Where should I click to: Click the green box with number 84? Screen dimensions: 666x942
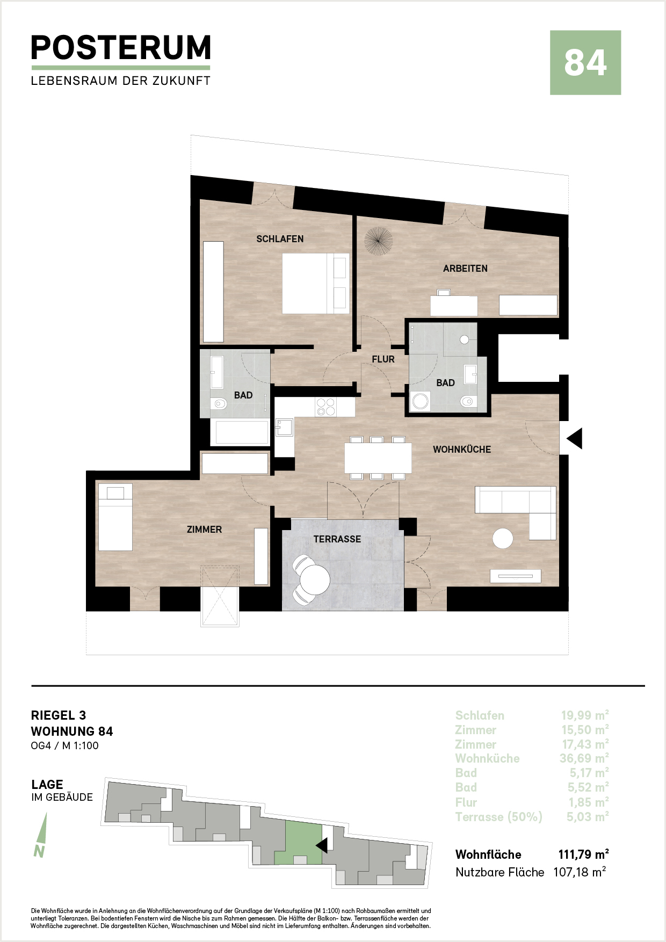pyautogui.click(x=585, y=63)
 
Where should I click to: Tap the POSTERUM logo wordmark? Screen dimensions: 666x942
pyautogui.click(x=121, y=48)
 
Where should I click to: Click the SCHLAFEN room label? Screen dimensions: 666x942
pyautogui.click(x=280, y=239)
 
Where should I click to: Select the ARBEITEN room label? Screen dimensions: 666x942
pyautogui.click(x=465, y=269)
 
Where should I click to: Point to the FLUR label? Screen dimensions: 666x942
pyautogui.click(x=383, y=359)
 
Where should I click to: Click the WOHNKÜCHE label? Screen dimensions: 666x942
pyautogui.click(x=462, y=450)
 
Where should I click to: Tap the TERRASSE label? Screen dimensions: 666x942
pyautogui.click(x=337, y=539)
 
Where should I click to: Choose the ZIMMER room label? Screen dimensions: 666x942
pyautogui.click(x=204, y=530)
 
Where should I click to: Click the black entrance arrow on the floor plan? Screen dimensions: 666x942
pyautogui.click(x=575, y=439)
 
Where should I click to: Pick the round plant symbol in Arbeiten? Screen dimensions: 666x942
pyautogui.click(x=379, y=241)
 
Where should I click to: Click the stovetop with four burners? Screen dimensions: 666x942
pyautogui.click(x=325, y=407)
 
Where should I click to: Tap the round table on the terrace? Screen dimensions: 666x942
pyautogui.click(x=315, y=580)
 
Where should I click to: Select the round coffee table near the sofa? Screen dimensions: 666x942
pyautogui.click(x=503, y=539)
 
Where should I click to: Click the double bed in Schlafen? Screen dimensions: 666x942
pyautogui.click(x=316, y=284)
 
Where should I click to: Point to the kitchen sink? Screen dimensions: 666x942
pyautogui.click(x=284, y=427)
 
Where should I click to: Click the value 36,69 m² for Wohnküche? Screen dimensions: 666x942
pyautogui.click(x=584, y=758)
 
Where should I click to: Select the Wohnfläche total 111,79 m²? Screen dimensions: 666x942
pyautogui.click(x=584, y=854)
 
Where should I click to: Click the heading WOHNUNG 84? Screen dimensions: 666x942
pyautogui.click(x=72, y=731)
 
